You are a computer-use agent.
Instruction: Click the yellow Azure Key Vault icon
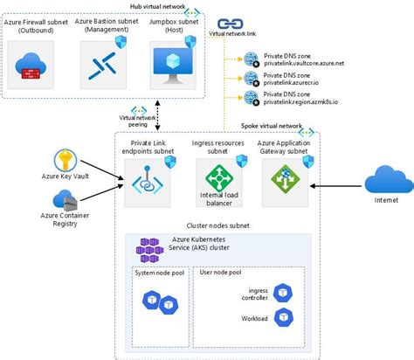(67, 161)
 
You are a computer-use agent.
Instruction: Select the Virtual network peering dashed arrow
(131, 117)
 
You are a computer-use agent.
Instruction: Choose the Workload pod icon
(282, 317)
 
